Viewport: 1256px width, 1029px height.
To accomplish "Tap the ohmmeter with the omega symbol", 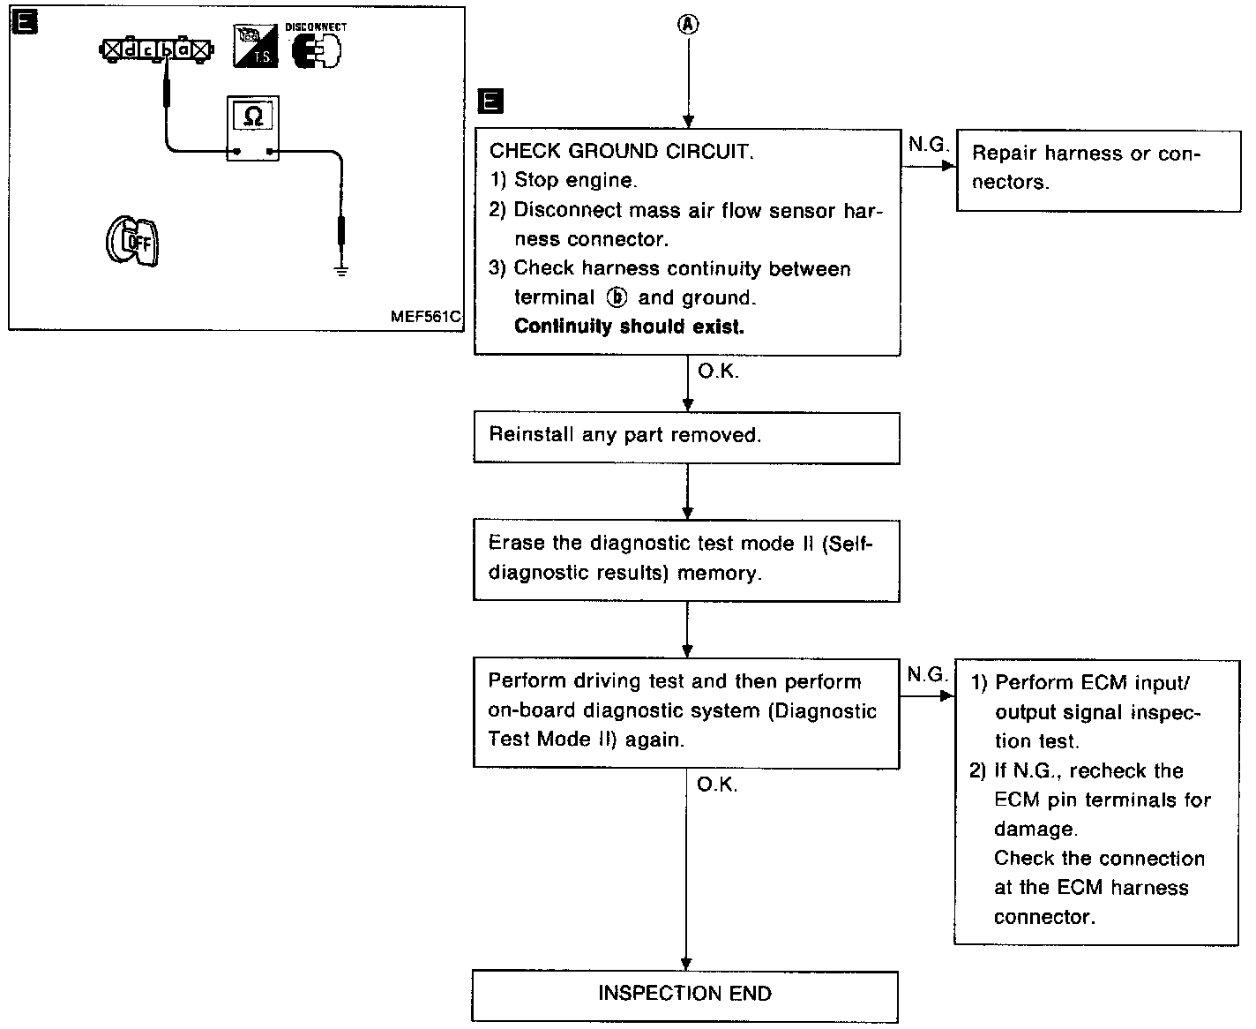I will point(253,128).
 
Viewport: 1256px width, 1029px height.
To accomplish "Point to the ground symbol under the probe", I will point(341,270).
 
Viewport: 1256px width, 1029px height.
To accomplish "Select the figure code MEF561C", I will point(426,317).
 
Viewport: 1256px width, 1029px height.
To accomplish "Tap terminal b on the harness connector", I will point(166,50).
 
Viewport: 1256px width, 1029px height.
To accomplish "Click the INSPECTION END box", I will point(685,995).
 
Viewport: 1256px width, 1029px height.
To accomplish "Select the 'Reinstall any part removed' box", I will point(686,436).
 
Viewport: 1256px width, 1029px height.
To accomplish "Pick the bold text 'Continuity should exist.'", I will point(629,327).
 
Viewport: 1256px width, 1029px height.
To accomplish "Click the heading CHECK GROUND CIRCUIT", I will point(622,152).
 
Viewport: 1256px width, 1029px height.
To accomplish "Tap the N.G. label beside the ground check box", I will point(927,145).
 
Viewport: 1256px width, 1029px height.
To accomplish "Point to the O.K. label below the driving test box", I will point(717,784).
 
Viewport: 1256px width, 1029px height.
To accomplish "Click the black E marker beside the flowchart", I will point(490,102).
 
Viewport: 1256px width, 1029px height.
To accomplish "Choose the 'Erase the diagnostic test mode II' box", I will point(686,558).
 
